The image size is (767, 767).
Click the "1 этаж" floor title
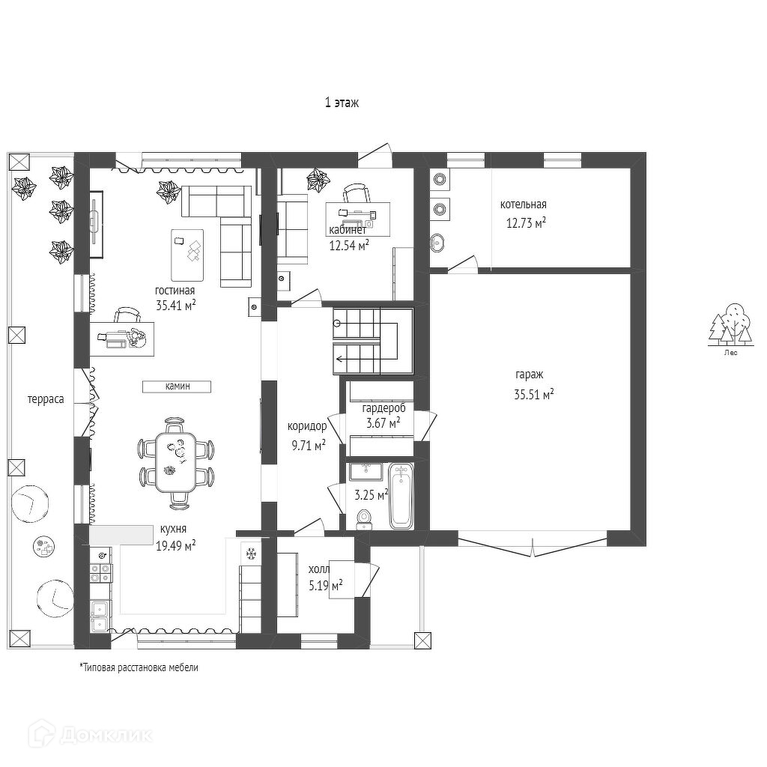(342, 103)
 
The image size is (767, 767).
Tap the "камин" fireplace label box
(177, 386)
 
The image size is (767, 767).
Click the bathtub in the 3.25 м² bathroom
(401, 496)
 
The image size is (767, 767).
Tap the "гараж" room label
(530, 375)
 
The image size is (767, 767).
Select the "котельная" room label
(524, 204)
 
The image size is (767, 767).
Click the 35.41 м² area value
(176, 306)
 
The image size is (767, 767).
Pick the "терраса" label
(46, 400)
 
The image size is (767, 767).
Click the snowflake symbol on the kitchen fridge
(251, 554)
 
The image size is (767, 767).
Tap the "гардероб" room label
(384, 408)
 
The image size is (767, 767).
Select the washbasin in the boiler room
(438, 242)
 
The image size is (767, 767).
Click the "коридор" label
(307, 426)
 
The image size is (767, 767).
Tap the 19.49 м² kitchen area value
(176, 546)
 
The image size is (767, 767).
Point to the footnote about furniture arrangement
(139, 667)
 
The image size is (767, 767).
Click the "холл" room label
(319, 570)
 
